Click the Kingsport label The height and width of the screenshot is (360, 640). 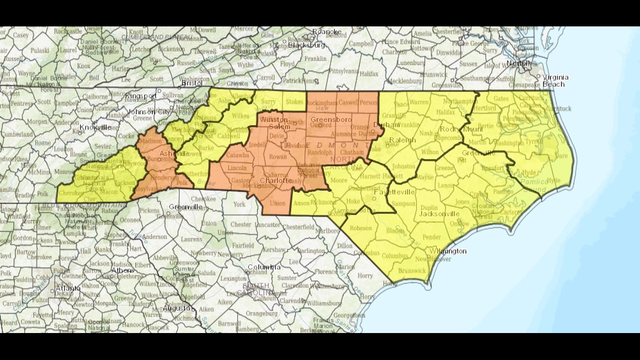[141, 96]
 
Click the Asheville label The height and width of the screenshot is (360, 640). [175, 153]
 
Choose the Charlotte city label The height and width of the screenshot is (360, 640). [276, 181]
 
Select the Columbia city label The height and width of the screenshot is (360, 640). [264, 267]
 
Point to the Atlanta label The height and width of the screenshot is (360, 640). [68, 289]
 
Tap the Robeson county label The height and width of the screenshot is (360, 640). [361, 229]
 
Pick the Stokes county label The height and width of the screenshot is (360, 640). [294, 102]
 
